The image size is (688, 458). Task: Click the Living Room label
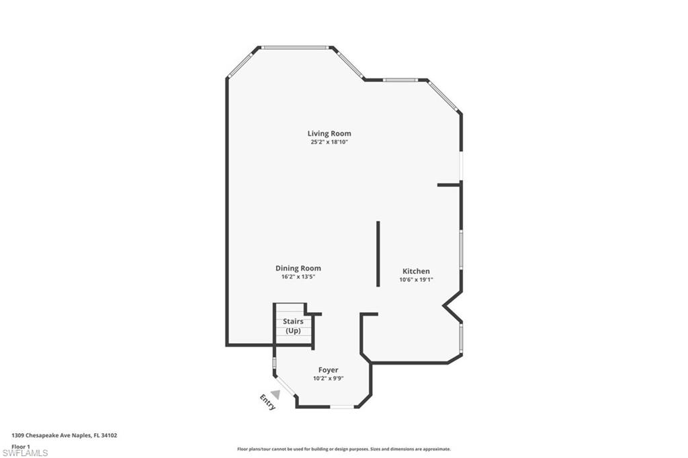(329, 134)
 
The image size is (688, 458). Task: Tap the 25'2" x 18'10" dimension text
(329, 142)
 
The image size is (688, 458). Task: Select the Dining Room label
(298, 268)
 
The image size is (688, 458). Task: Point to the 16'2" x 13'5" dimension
(298, 277)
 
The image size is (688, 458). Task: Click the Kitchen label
(416, 271)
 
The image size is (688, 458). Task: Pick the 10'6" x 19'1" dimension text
(416, 280)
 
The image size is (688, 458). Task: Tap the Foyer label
(328, 370)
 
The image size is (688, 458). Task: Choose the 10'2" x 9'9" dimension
(328, 379)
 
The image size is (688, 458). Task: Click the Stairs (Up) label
(293, 326)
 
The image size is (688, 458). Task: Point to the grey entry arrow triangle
(275, 395)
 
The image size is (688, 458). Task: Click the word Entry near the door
(267, 402)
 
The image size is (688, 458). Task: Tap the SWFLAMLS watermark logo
(26, 453)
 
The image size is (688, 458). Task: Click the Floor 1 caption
(21, 445)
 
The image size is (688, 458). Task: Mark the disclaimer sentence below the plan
(343, 449)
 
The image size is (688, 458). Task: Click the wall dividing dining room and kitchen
(378, 254)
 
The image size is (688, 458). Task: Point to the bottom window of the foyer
(342, 407)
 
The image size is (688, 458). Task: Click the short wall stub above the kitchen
(449, 184)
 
